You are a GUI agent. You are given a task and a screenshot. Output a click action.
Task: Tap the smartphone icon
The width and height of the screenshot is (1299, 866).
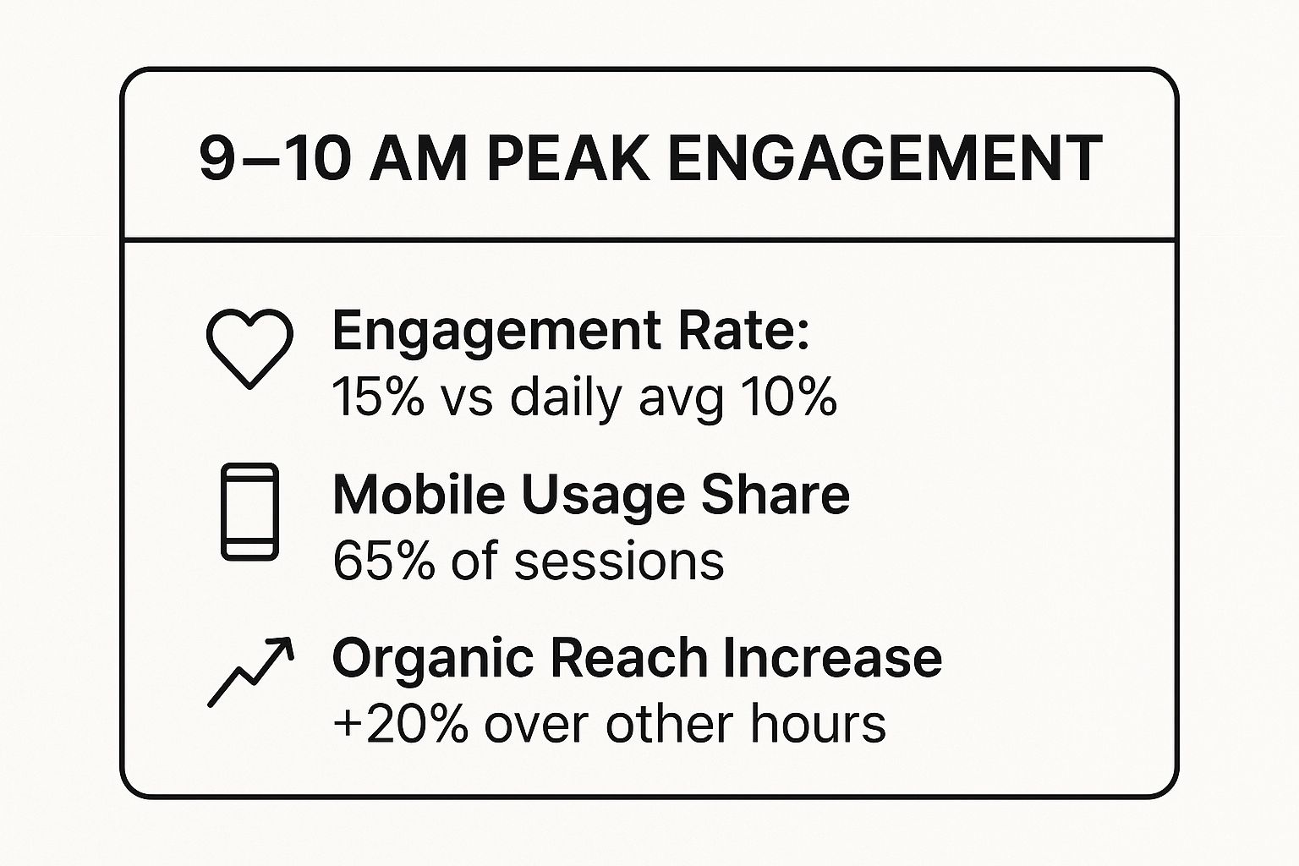(x=222, y=512)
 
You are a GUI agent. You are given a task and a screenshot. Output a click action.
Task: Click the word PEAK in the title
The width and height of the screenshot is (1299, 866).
(x=567, y=158)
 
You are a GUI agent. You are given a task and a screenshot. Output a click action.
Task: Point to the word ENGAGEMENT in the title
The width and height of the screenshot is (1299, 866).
(x=884, y=158)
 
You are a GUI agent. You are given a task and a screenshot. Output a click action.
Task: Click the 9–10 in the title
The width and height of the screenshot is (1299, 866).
(x=275, y=158)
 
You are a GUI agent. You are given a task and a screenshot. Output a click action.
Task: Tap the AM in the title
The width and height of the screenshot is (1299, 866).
(x=419, y=158)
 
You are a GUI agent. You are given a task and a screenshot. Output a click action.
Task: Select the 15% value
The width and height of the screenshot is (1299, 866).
(x=377, y=397)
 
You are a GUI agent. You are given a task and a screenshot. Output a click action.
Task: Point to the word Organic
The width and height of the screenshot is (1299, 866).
(x=433, y=657)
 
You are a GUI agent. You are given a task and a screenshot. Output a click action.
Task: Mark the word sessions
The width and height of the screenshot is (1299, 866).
(x=619, y=562)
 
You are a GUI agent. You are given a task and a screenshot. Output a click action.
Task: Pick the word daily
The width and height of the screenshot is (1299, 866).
(x=566, y=400)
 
